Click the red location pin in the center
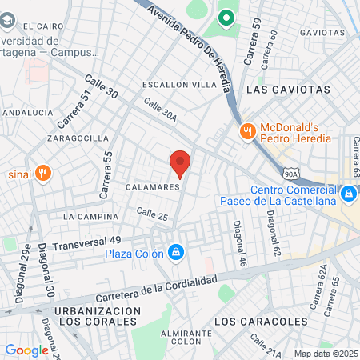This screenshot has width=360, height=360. tap(180, 163)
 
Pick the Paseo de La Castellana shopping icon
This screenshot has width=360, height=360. tap(348, 194)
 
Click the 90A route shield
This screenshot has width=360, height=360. tap(290, 171)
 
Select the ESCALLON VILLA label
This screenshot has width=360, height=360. tap(178, 84)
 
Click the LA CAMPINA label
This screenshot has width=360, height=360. tap(90, 217)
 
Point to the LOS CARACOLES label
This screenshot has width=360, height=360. tap(262, 321)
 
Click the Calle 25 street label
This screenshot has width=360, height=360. tap(152, 214)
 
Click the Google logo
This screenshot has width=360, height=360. tap(26, 350)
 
